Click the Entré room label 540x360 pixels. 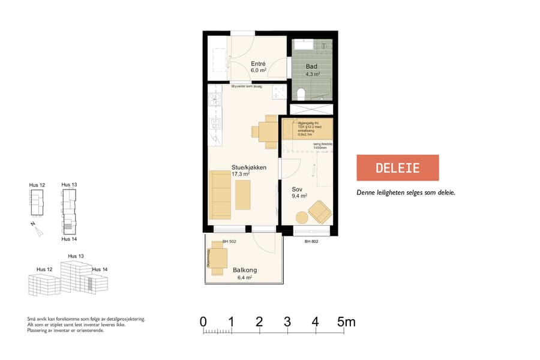(x=259, y=63)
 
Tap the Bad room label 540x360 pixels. (x=311, y=67)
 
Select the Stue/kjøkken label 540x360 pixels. (x=249, y=167)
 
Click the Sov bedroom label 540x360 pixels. (x=297, y=188)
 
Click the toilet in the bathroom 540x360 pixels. (x=302, y=94)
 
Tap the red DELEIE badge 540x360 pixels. (x=398, y=167)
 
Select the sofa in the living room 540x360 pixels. (x=220, y=194)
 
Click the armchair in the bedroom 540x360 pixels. (x=319, y=211)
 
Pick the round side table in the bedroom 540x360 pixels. (x=301, y=218)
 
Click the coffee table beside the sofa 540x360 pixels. (x=243, y=195)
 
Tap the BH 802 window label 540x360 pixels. (x=311, y=242)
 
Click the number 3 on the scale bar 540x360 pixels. (x=287, y=322)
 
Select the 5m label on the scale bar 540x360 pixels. (x=346, y=322)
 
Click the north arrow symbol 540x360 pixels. (x=37, y=229)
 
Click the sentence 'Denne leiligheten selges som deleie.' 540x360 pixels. (x=406, y=193)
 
